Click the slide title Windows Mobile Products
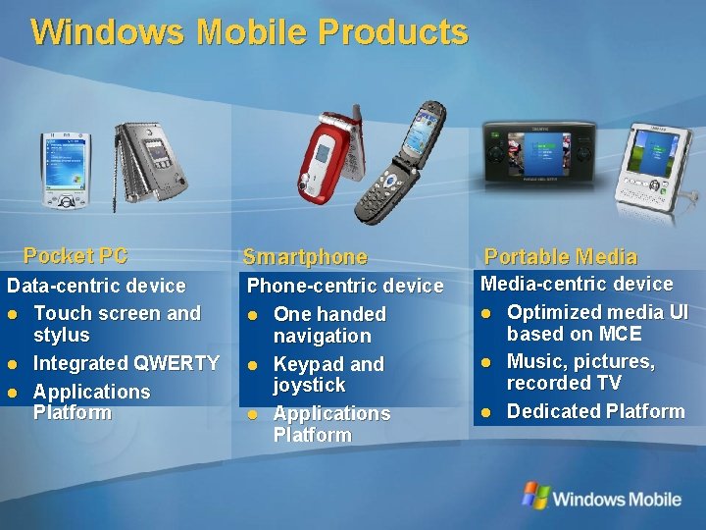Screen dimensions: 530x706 [x=249, y=31]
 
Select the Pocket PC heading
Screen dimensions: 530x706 [x=76, y=256]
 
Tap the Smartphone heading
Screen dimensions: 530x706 [x=305, y=257]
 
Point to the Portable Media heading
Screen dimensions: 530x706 [x=561, y=257]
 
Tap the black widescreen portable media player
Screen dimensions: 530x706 [x=541, y=155]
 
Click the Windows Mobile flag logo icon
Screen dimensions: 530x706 [x=535, y=496]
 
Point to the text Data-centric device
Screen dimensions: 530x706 [x=96, y=286]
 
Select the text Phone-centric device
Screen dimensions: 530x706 [x=345, y=286]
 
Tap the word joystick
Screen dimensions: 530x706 [x=309, y=385]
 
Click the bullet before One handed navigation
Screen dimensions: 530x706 [x=254, y=315]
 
